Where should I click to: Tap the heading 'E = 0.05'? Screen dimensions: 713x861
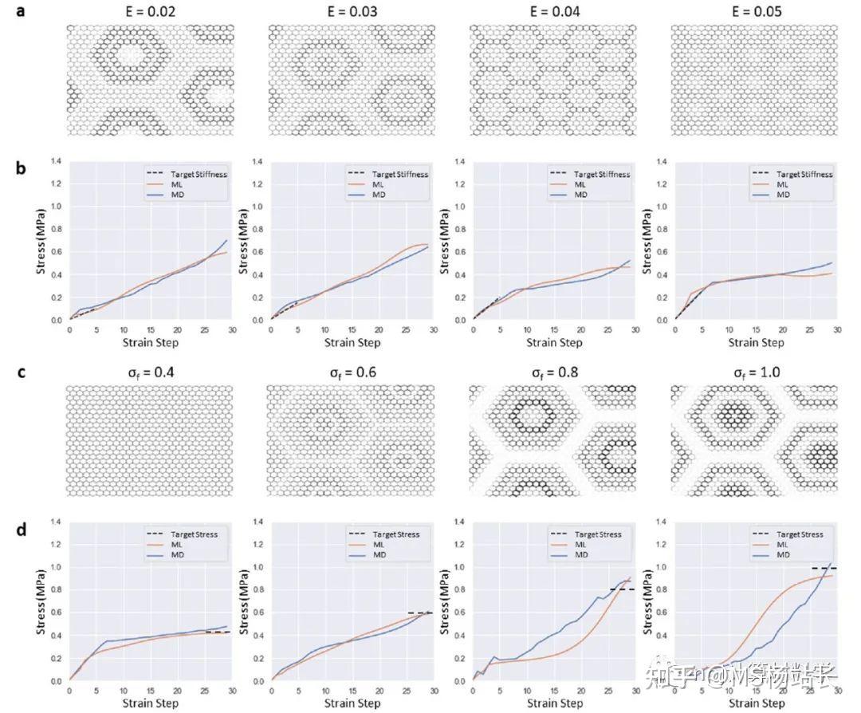point(753,12)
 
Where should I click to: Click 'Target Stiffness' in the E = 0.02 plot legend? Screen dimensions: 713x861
point(196,174)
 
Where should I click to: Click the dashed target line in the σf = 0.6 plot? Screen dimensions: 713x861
point(420,613)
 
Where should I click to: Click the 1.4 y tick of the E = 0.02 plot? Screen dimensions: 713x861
point(57,161)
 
